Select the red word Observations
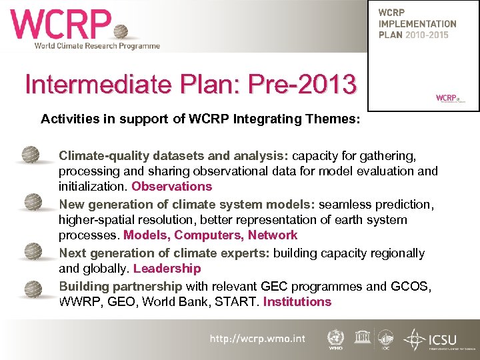[171, 187]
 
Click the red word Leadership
[167, 269]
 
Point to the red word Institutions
[297, 301]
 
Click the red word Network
[273, 235]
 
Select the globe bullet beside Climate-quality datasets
[31, 155]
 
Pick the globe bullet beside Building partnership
[31, 287]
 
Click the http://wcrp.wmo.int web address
[257, 339]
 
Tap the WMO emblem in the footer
[336, 338]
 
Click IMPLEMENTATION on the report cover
[417, 24]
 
